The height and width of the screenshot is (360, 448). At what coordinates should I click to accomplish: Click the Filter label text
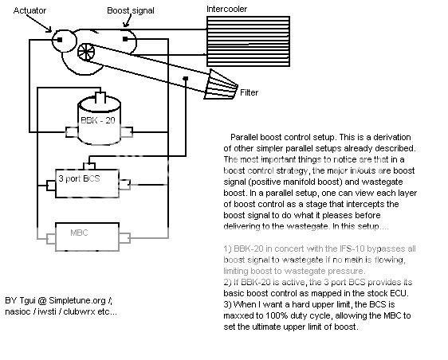tap(250, 93)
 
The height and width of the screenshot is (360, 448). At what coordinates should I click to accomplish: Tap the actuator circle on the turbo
tap(59, 38)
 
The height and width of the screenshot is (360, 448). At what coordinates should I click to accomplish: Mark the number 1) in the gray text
tap(222, 250)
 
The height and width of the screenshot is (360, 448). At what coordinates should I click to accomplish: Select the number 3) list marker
tap(222, 305)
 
